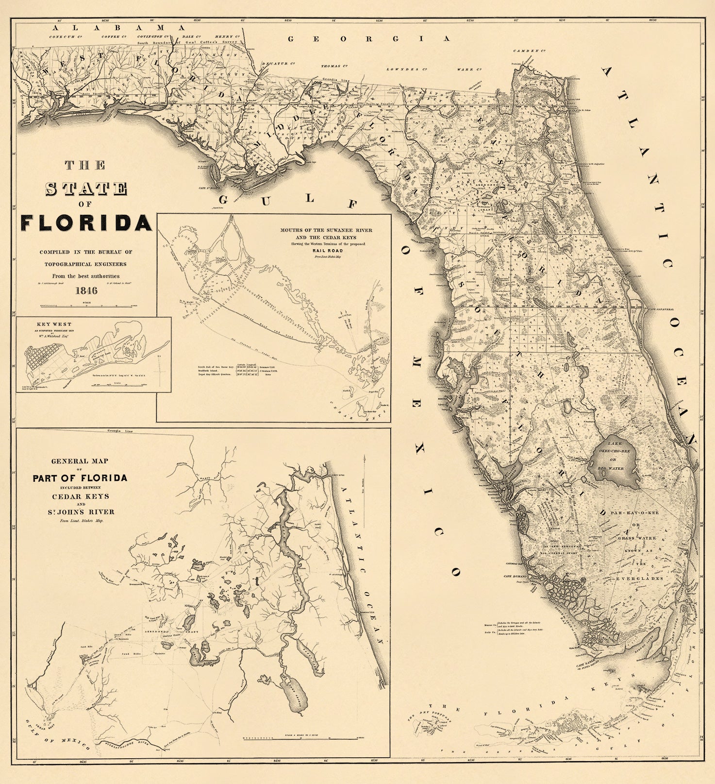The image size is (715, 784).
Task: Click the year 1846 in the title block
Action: [x=86, y=290]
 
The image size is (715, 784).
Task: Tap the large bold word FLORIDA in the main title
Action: [x=86, y=223]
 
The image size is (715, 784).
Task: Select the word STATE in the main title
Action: [x=86, y=189]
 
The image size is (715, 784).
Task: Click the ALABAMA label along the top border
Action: [x=120, y=28]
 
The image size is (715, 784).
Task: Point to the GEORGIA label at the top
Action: [x=369, y=39]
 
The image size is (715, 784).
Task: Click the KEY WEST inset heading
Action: [x=54, y=324]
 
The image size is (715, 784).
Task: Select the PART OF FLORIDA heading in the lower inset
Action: [x=80, y=478]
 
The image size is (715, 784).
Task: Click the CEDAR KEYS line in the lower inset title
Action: [x=81, y=496]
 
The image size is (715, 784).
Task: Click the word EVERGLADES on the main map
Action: [x=640, y=579]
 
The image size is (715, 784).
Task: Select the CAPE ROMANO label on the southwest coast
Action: [x=514, y=576]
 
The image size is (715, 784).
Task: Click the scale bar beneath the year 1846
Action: [x=86, y=306]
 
